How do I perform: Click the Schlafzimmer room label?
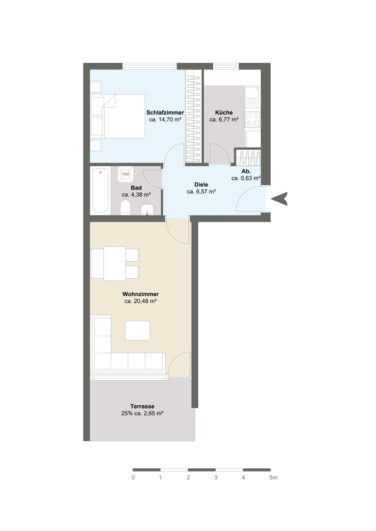point(165,113)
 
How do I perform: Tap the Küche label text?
point(224,113)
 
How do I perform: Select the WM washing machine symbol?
point(126,174)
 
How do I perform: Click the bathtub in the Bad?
point(101,191)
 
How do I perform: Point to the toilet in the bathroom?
point(126,207)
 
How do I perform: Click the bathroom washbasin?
point(147,209)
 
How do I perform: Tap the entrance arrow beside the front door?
point(281,199)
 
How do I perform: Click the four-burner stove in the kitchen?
point(253,119)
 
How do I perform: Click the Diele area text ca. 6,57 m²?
point(202,191)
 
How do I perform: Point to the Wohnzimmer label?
point(141,294)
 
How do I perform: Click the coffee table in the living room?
point(137,330)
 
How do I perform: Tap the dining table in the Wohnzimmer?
point(114,263)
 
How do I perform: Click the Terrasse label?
point(143,406)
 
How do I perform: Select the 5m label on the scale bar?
point(273,477)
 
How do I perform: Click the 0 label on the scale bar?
point(133,477)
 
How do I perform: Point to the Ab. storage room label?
point(246,172)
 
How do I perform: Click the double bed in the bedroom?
point(124,116)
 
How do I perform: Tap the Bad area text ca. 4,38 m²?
point(136,195)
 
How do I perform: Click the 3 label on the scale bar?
point(215,477)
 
